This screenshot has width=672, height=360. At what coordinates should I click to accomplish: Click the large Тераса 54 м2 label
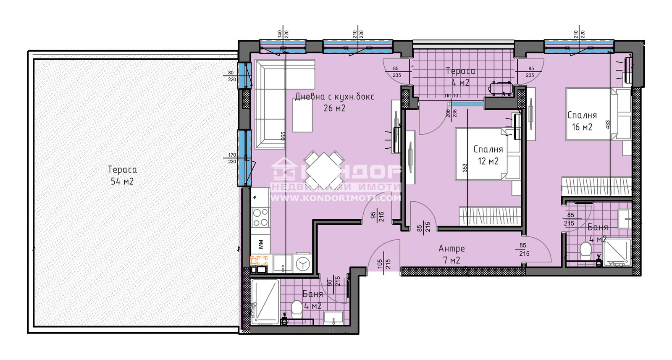coord(122,175)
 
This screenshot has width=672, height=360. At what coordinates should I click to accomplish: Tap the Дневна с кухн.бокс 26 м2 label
coord(334,102)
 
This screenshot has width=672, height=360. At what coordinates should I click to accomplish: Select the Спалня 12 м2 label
coord(488,155)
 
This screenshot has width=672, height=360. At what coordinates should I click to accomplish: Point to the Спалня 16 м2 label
coord(582,121)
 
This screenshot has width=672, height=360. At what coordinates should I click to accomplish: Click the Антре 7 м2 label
coord(451,254)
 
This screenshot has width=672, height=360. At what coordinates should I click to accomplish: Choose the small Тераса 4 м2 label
coord(460,77)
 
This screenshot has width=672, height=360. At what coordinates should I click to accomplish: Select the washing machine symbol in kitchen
coord(302,263)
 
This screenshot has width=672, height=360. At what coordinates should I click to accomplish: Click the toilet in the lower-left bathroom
coord(297,308)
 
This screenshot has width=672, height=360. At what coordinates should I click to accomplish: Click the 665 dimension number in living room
coord(283,136)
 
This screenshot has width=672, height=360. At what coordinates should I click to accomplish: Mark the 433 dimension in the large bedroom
coord(608,124)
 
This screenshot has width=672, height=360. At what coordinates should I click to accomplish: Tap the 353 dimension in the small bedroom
coord(465,168)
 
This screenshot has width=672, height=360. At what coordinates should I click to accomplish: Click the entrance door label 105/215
coord(384,264)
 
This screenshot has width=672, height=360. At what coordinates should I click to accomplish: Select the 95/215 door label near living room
coord(377,216)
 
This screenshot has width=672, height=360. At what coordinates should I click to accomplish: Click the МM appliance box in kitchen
coord(260,243)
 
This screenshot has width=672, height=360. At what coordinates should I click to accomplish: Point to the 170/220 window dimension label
coord(232,158)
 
